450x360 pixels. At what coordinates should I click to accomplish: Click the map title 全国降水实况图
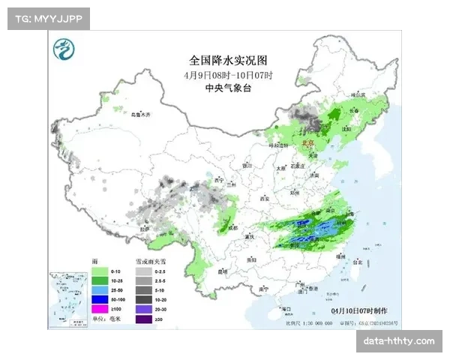pos(227,59)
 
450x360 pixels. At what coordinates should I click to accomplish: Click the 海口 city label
pos(284,308)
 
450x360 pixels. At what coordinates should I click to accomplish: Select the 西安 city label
pos(264,199)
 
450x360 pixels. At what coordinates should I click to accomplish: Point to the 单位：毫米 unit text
pos(106,318)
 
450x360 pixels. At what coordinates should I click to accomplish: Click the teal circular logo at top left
pos(66,51)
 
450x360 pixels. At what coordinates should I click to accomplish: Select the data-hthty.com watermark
pos(398,341)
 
